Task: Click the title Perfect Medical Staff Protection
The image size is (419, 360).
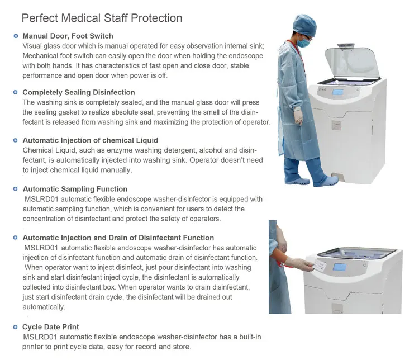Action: point(102,18)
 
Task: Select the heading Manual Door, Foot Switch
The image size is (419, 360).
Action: point(67,36)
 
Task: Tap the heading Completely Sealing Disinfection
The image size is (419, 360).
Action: point(78,92)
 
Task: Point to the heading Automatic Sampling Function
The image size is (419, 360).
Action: point(75,189)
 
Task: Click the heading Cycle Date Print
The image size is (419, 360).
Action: point(50,326)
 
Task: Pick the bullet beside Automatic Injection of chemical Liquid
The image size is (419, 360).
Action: point(16,140)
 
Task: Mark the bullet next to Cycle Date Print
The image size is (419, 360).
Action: point(16,326)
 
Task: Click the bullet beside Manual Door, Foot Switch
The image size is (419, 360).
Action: point(16,36)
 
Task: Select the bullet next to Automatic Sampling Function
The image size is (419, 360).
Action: point(16,189)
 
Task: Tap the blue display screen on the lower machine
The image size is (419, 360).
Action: point(341,267)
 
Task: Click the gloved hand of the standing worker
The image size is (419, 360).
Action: point(299,116)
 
